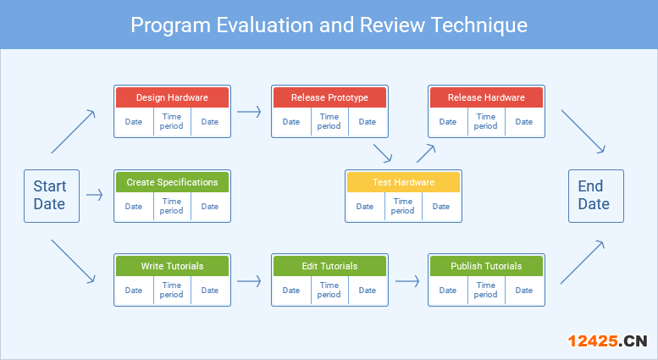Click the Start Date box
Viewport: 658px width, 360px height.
pyautogui.click(x=52, y=196)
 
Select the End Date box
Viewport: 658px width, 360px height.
pyautogui.click(x=596, y=196)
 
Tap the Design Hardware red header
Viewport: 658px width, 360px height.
pyautogui.click(x=172, y=97)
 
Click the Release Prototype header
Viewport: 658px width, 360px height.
pyautogui.click(x=329, y=97)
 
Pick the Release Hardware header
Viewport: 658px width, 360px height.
pyautogui.click(x=486, y=97)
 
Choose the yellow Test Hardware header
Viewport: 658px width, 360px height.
pyautogui.click(x=403, y=182)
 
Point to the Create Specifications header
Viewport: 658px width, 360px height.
pyautogui.click(x=172, y=182)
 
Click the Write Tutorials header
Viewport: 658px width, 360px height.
pyautogui.click(x=172, y=266)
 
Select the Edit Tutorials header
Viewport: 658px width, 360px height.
pyautogui.click(x=329, y=266)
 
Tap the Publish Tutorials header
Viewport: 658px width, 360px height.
pyautogui.click(x=486, y=266)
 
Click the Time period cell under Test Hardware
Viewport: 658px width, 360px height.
pyautogui.click(x=403, y=206)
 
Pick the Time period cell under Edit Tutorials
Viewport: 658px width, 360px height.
pyautogui.click(x=329, y=290)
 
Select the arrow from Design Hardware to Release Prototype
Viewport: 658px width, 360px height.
pyautogui.click(x=249, y=112)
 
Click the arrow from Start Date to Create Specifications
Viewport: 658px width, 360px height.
pyautogui.click(x=94, y=195)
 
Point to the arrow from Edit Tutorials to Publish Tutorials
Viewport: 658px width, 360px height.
pyautogui.click(x=407, y=280)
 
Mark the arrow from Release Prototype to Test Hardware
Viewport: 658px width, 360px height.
pyautogui.click(x=382, y=153)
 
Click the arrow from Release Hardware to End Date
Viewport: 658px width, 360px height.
pyautogui.click(x=583, y=131)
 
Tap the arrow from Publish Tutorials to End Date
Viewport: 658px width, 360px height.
pyautogui.click(x=583, y=263)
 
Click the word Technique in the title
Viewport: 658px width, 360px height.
pyautogui.click(x=479, y=25)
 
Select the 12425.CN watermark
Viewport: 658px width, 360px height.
pyautogui.click(x=608, y=341)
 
